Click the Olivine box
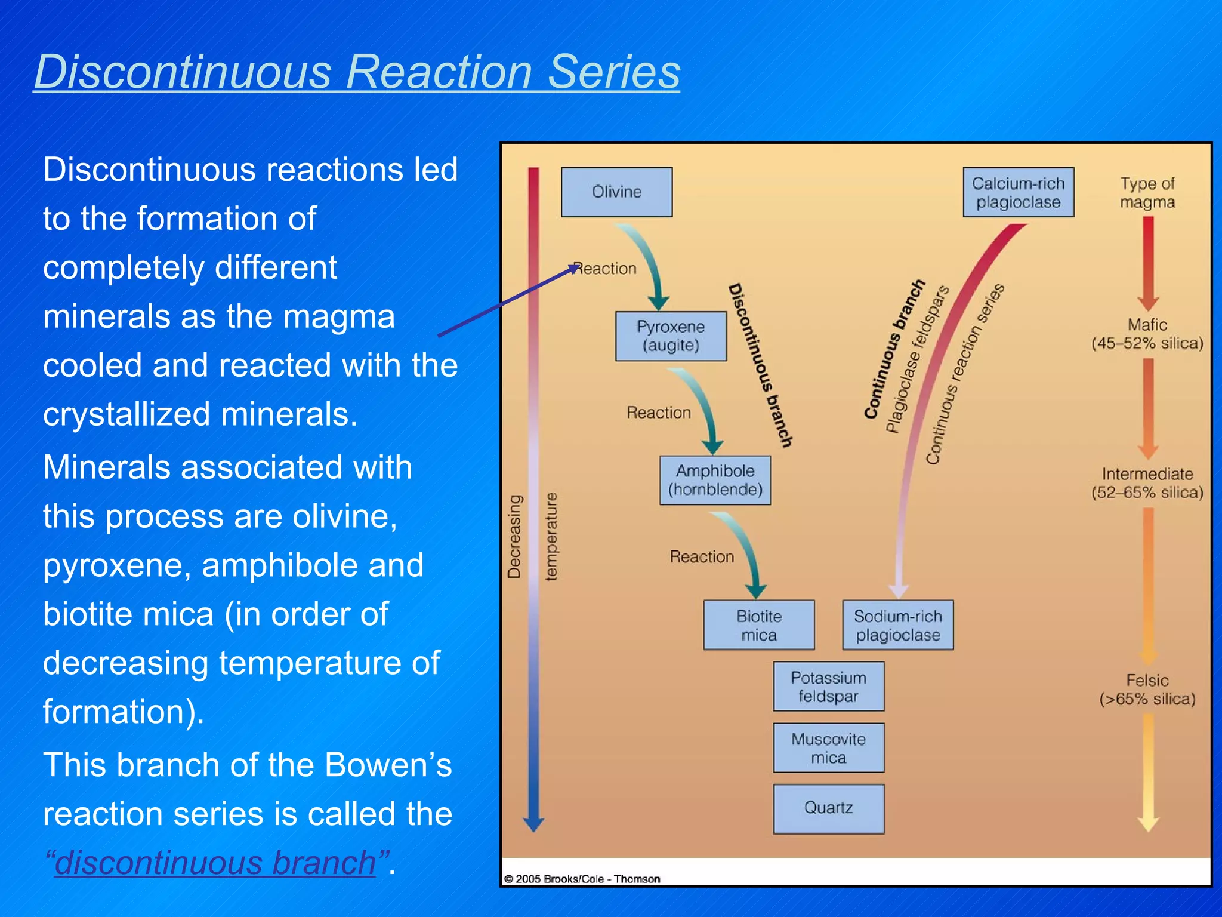(x=616, y=192)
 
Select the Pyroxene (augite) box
(x=671, y=336)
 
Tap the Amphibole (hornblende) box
(x=715, y=480)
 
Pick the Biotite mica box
(x=758, y=625)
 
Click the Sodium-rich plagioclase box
(x=897, y=625)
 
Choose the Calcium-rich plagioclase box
(x=1018, y=192)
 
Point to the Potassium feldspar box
(x=828, y=687)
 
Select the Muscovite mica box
(x=828, y=748)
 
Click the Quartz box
(x=828, y=808)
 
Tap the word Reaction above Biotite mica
(x=702, y=556)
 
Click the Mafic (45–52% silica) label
(x=1147, y=334)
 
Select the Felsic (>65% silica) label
(x=1147, y=690)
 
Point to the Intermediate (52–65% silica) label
(x=1147, y=483)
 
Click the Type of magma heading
(x=1147, y=192)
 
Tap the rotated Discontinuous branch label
(x=760, y=365)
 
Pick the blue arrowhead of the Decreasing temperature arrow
(x=533, y=823)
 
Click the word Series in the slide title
(x=614, y=72)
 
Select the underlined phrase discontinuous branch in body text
(x=215, y=862)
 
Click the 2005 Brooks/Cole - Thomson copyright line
(x=582, y=879)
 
